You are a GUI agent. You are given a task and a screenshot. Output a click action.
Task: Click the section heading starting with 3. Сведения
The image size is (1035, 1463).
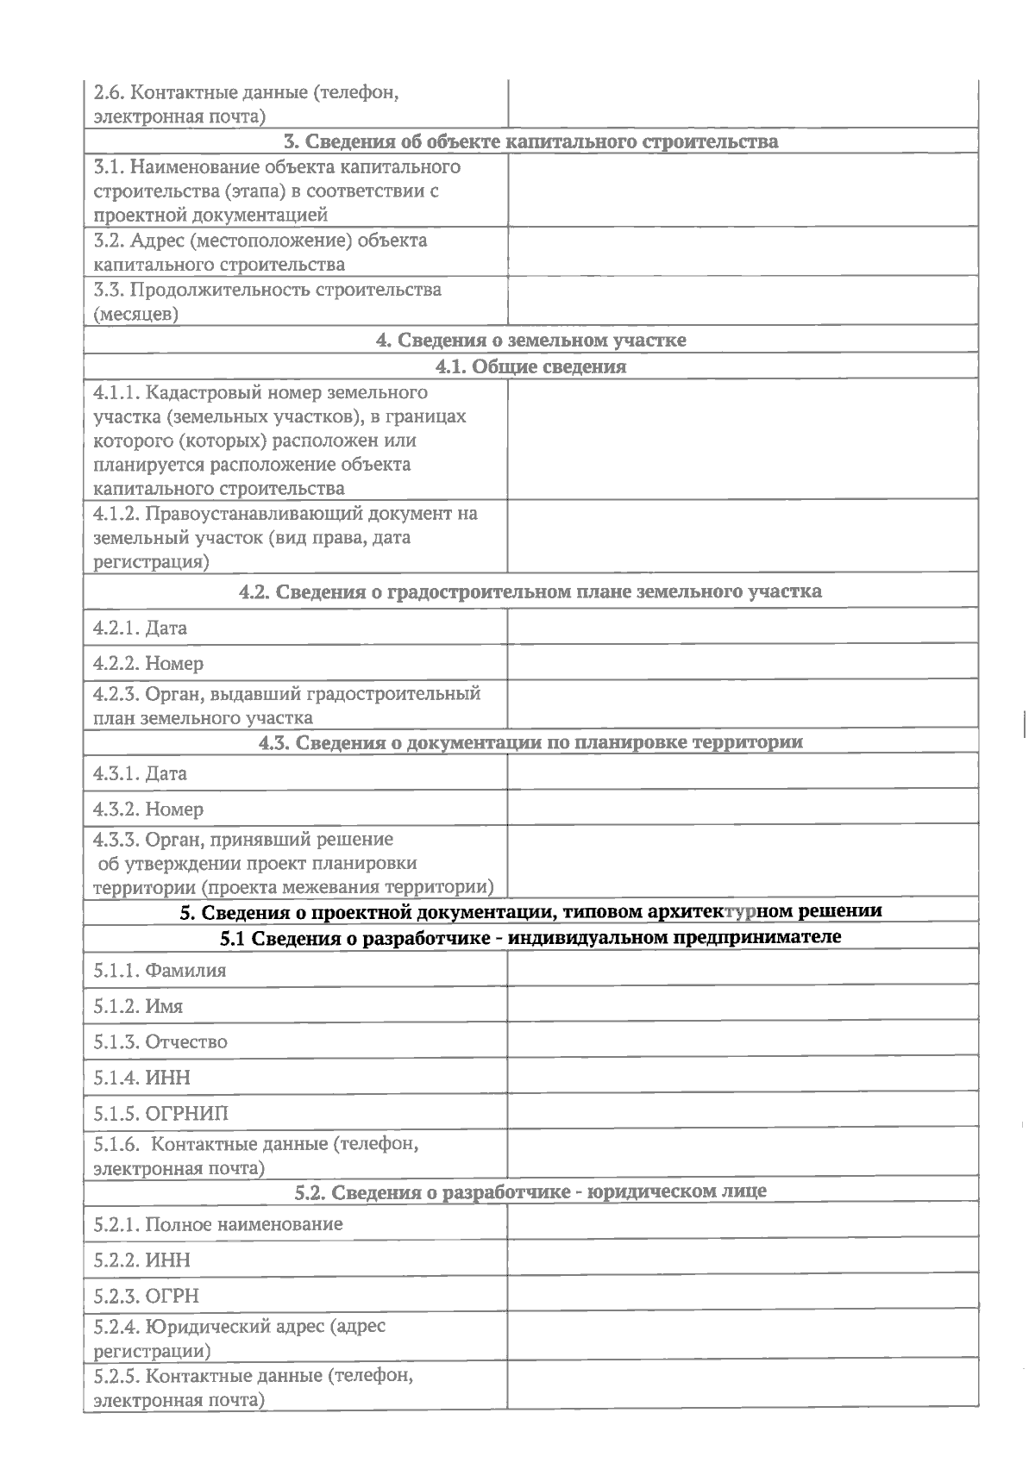530,141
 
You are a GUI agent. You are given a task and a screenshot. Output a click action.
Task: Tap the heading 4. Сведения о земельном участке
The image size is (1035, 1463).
530,340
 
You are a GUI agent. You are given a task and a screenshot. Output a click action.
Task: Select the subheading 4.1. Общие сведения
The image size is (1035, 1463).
530,366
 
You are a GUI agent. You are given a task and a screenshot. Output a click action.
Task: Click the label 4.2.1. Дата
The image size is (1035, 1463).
140,628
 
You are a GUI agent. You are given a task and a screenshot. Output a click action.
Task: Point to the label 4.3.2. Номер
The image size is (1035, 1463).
148,809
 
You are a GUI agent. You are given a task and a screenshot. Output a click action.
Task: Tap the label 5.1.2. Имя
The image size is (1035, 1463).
138,1006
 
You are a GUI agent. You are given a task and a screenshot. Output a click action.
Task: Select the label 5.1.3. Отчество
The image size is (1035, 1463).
160,1041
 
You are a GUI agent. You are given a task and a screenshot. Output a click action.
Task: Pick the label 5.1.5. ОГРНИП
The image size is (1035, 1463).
161,1113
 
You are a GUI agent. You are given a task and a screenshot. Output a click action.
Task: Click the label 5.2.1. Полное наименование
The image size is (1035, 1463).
218,1224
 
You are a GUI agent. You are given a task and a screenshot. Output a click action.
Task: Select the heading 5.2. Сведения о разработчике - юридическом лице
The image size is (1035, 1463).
530,1192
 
